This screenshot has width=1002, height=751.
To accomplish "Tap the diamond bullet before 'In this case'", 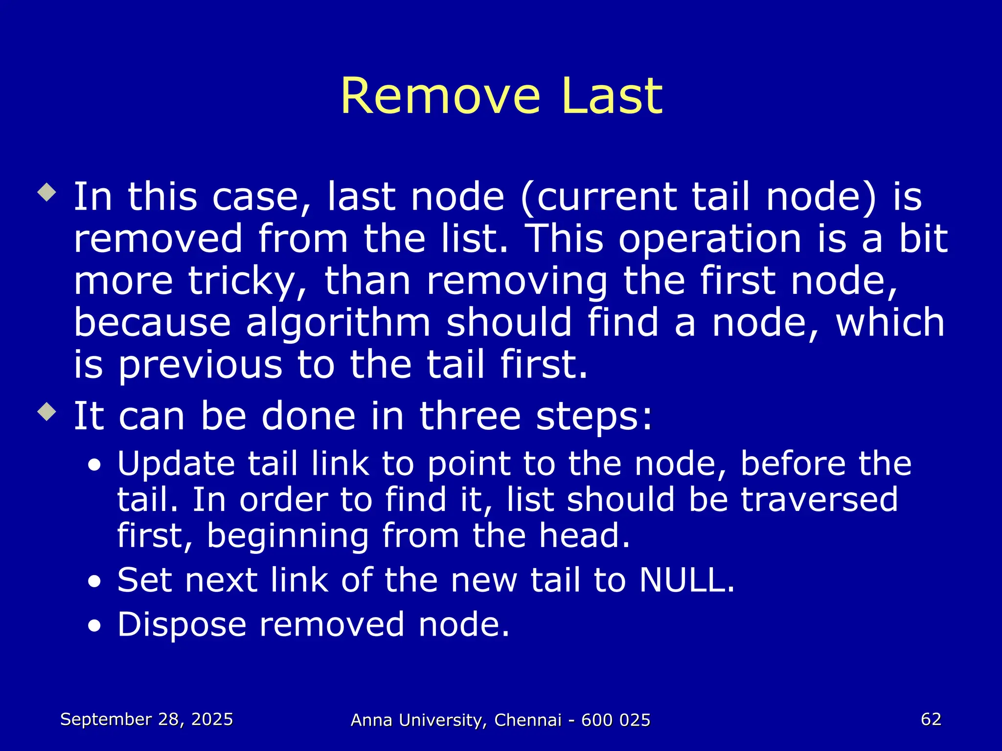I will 47,192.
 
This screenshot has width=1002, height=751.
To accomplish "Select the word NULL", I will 686,580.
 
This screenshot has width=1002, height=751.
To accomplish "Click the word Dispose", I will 182,625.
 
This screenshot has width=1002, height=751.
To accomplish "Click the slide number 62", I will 931,719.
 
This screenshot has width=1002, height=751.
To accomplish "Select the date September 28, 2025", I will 146,719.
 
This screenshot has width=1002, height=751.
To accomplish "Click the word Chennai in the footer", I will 527,720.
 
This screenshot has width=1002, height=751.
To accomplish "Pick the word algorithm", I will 338,323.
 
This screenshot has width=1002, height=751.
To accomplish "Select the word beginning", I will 288,536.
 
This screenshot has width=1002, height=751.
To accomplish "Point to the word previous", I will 200,365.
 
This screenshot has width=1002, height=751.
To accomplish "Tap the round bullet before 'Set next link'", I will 94,582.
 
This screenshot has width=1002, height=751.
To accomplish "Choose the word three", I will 470,416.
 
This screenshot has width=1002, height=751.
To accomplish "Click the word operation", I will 710,239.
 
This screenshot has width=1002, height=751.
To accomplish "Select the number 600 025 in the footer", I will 615,720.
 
